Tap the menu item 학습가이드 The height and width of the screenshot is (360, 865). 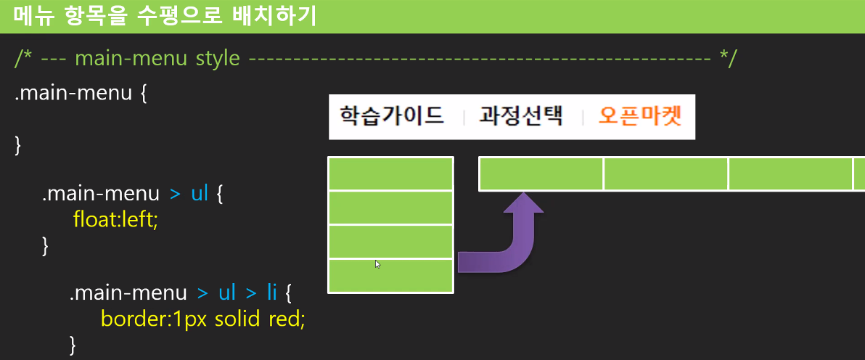pos(392,116)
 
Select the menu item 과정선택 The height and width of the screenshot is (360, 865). pos(521,116)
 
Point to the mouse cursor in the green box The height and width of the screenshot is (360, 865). pos(377,263)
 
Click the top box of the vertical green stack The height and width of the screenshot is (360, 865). pos(390,173)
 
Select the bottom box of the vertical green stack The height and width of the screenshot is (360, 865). pos(390,276)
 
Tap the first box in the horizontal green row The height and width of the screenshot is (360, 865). pos(541,173)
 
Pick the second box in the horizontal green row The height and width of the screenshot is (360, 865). pos(665,173)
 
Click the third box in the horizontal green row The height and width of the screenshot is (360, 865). pos(790,173)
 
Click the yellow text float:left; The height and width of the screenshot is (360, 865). pos(115,218)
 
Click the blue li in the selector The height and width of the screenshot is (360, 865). pos(271,292)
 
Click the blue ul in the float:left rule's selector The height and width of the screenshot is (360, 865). pos(200,194)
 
